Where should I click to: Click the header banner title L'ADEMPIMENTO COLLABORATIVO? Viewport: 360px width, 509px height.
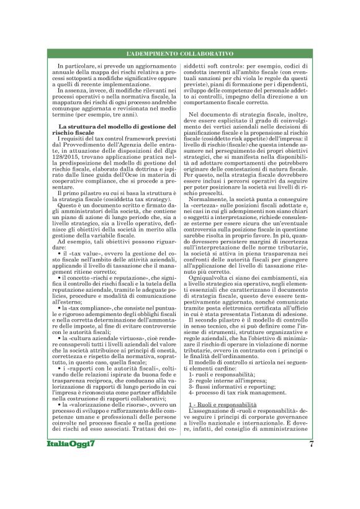[x=179, y=54]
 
